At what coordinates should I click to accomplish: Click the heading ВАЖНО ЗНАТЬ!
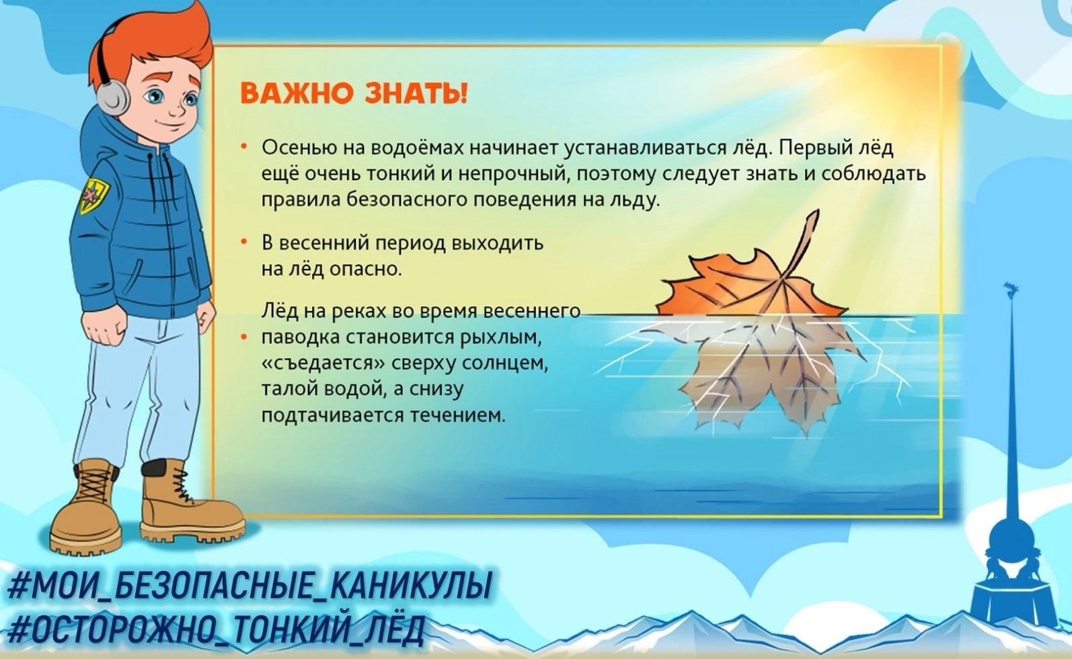(353, 93)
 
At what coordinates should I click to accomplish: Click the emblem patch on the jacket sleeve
(93, 195)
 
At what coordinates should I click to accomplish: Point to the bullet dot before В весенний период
(244, 243)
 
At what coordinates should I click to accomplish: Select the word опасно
(366, 270)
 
